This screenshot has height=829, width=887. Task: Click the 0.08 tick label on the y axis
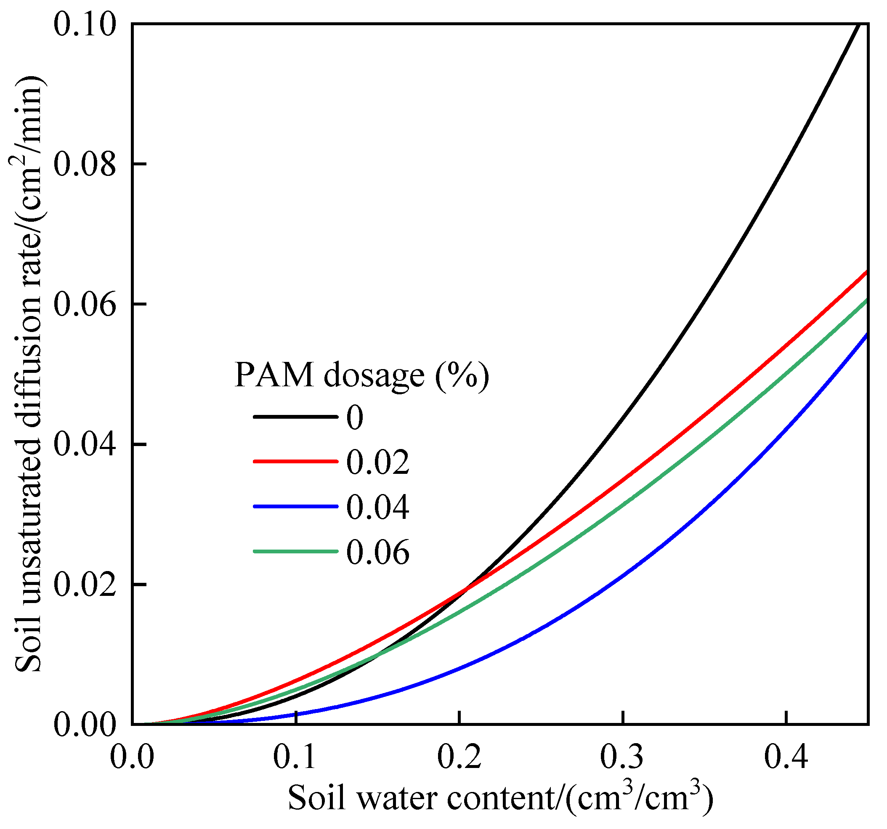[85, 164]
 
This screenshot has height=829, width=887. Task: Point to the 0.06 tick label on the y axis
[85, 304]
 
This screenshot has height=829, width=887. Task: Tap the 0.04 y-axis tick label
[85, 444]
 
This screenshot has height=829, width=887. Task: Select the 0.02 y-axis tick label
[85, 584]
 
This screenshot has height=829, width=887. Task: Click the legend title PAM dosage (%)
[361, 375]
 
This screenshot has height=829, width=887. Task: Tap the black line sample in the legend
[295, 417]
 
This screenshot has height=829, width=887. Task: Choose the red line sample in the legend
[295, 461]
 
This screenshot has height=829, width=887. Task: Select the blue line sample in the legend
[295, 506]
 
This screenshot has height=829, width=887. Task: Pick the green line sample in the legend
[295, 552]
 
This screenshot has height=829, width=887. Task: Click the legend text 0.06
[377, 553]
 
